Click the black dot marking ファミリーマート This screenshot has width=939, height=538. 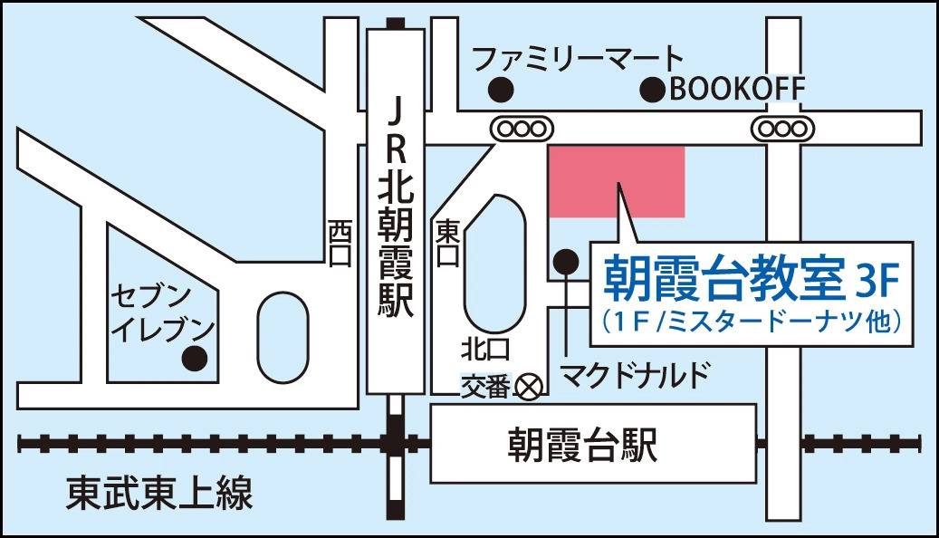pyautogui.click(x=500, y=91)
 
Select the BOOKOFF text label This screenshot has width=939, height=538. pyautogui.click(x=736, y=89)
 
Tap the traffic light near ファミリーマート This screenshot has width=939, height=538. pyautogui.click(x=521, y=129)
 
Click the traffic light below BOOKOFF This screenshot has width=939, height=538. pyautogui.click(x=781, y=129)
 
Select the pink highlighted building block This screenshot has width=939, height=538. pyautogui.click(x=617, y=180)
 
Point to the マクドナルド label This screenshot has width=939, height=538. pyautogui.click(x=632, y=374)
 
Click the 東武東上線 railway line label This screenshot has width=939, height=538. pyautogui.click(x=159, y=494)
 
